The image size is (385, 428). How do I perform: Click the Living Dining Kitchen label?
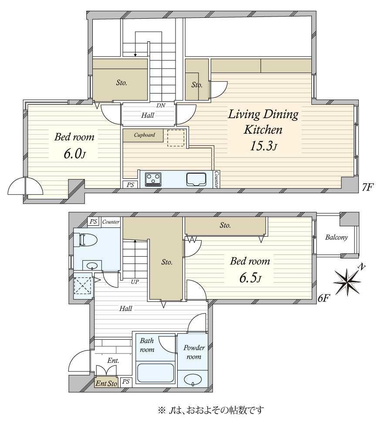[263, 122]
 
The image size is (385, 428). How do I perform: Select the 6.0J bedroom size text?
[75, 154]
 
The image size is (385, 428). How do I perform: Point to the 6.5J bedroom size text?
[250, 278]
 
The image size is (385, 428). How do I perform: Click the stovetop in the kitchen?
[153, 180]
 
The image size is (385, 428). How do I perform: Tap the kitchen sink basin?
[196, 179]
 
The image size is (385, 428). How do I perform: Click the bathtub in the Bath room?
[155, 373]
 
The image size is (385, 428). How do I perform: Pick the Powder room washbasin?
[192, 380]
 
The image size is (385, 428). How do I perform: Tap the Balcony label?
[336, 237]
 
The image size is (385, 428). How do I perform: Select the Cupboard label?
[144, 135]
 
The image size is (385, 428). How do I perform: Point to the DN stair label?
[161, 105]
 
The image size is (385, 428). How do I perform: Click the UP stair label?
[135, 282]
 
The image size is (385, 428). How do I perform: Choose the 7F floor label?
[368, 187]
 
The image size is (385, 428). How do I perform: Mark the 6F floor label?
[323, 299]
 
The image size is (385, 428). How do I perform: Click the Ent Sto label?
[106, 384]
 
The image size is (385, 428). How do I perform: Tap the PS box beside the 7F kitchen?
[130, 185]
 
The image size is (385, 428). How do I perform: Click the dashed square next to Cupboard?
[176, 138]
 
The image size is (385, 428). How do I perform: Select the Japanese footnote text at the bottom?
[211, 410]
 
